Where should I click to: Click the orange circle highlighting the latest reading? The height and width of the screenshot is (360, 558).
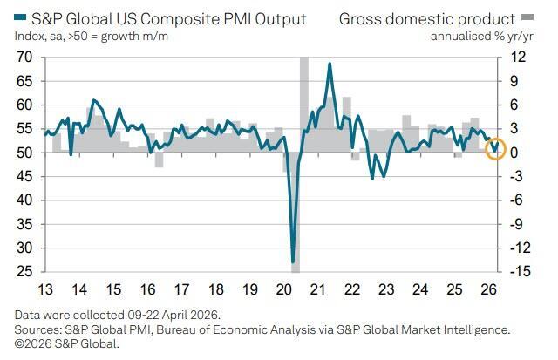click(x=496, y=149)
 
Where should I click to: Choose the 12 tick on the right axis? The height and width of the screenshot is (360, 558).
click(x=518, y=58)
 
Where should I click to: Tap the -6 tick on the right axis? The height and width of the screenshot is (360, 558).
click(x=519, y=200)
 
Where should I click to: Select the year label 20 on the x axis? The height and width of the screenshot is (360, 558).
click(x=283, y=289)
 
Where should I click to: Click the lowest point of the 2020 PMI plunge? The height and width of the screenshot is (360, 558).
click(x=294, y=261)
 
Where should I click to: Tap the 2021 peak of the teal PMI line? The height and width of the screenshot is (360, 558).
click(x=330, y=65)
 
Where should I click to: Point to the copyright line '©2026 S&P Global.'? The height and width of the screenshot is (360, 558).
click(x=65, y=343)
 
